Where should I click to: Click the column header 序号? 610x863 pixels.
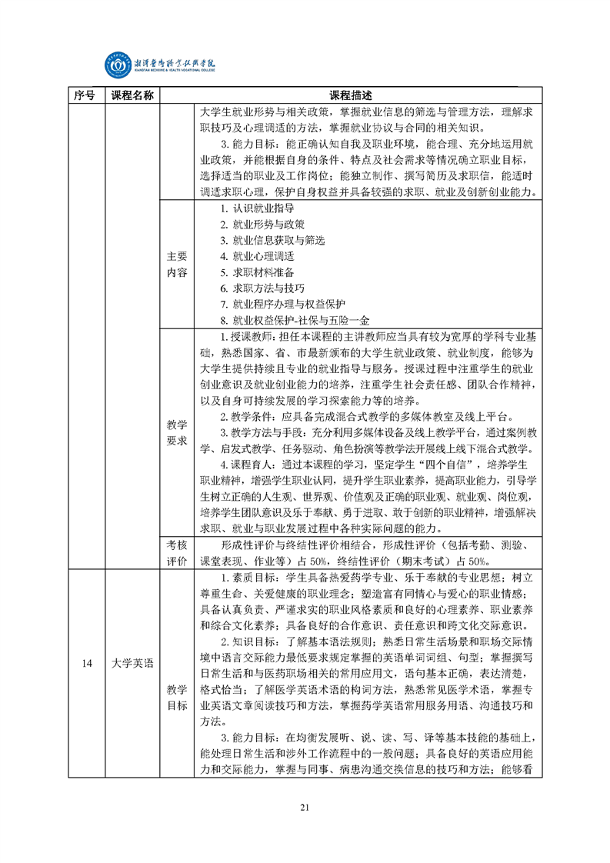pyautogui.click(x=85, y=95)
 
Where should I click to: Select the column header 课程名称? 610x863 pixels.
pyautogui.click(x=132, y=95)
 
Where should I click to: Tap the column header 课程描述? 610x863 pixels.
pyautogui.click(x=350, y=95)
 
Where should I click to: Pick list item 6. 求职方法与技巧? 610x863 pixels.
pyautogui.click(x=262, y=288)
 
